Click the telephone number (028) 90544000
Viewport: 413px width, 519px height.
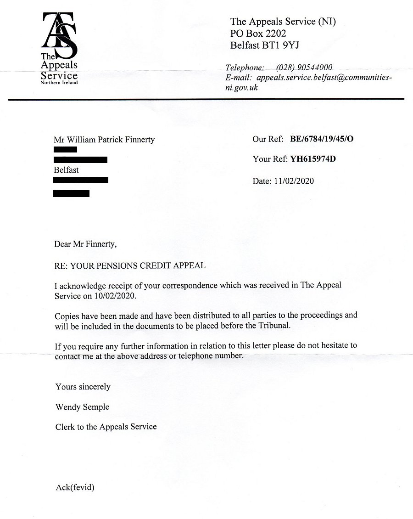click(x=304, y=68)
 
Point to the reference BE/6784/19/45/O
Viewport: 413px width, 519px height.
click(x=322, y=139)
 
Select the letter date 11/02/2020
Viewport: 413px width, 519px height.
click(x=293, y=181)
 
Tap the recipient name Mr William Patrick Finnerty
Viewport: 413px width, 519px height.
click(x=104, y=140)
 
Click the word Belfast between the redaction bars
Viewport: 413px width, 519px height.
click(x=67, y=170)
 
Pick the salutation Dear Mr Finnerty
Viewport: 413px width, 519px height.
click(x=86, y=244)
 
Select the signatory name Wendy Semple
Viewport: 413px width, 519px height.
click(x=82, y=407)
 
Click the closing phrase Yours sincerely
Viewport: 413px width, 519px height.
click(x=83, y=387)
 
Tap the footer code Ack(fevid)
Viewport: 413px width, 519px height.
click(x=75, y=488)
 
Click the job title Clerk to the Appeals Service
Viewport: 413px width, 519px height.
click(x=106, y=427)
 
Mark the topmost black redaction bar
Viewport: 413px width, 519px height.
click(x=65, y=150)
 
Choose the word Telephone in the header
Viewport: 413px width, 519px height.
click(x=245, y=68)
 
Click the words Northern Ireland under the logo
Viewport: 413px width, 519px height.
click(x=59, y=83)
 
